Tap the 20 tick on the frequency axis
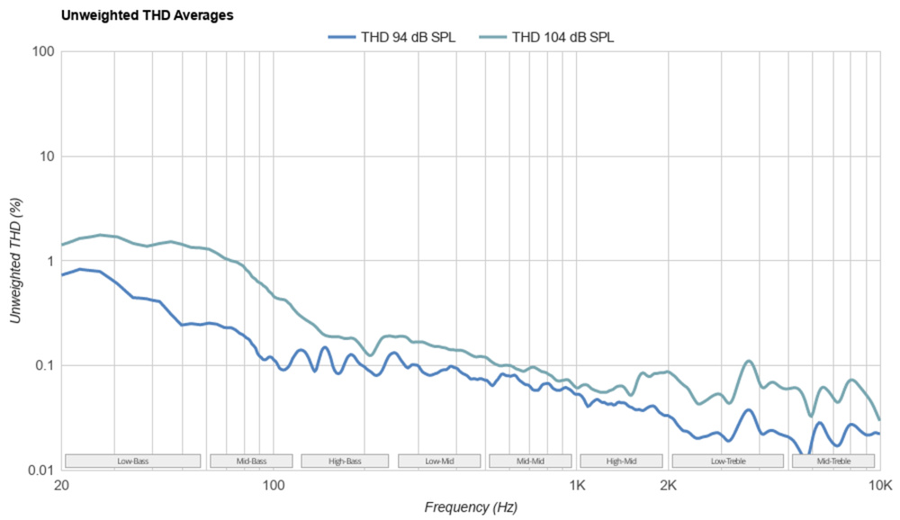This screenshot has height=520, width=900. (61, 485)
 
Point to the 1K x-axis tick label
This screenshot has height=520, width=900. (577, 485)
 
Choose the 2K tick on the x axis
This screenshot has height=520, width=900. (668, 485)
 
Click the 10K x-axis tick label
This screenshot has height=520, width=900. (879, 485)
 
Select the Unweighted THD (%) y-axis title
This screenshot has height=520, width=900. (15, 261)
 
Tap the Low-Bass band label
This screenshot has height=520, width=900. (133, 462)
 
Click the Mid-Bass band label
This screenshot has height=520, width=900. (252, 462)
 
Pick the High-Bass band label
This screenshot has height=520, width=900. (345, 462)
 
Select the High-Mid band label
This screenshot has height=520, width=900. (622, 462)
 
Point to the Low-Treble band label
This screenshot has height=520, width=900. (728, 462)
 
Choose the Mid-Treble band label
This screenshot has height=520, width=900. (833, 462)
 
